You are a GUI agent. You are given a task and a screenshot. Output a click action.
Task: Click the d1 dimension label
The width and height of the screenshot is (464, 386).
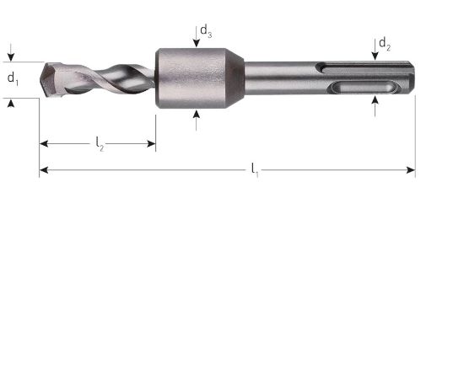13,78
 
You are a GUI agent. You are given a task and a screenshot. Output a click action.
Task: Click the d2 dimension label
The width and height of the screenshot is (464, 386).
383,42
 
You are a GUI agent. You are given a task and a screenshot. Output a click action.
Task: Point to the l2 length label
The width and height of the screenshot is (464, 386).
100,145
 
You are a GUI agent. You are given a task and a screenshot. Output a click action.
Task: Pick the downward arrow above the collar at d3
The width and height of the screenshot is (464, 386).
196,42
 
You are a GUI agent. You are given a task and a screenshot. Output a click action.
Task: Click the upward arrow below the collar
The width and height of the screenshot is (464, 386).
196,115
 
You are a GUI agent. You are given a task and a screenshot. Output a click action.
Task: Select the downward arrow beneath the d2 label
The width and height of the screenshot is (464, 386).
374,56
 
